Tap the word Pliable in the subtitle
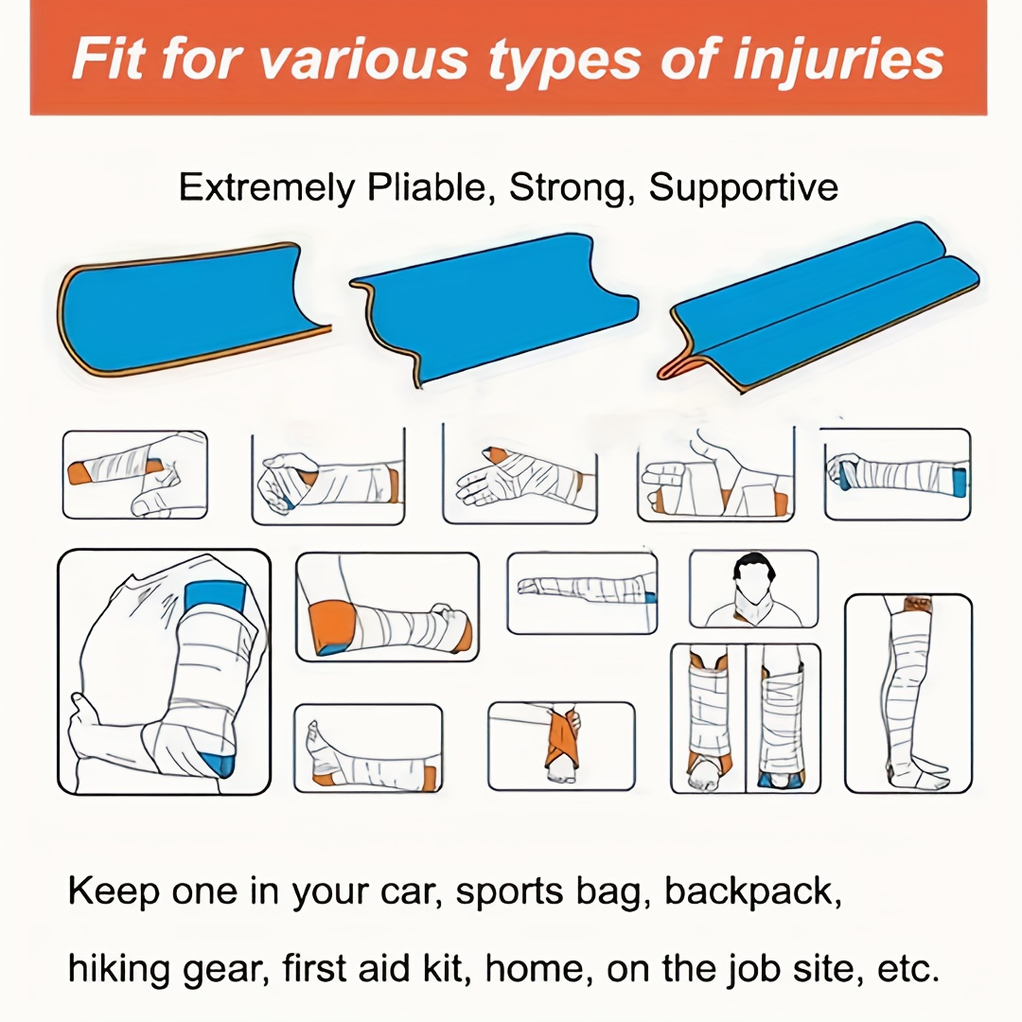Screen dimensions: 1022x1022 (426, 187)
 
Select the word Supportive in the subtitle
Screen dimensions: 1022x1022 (743, 187)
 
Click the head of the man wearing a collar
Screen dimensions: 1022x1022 (754, 577)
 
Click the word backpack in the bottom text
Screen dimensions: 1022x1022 (752, 891)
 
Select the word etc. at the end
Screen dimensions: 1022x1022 (907, 969)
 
